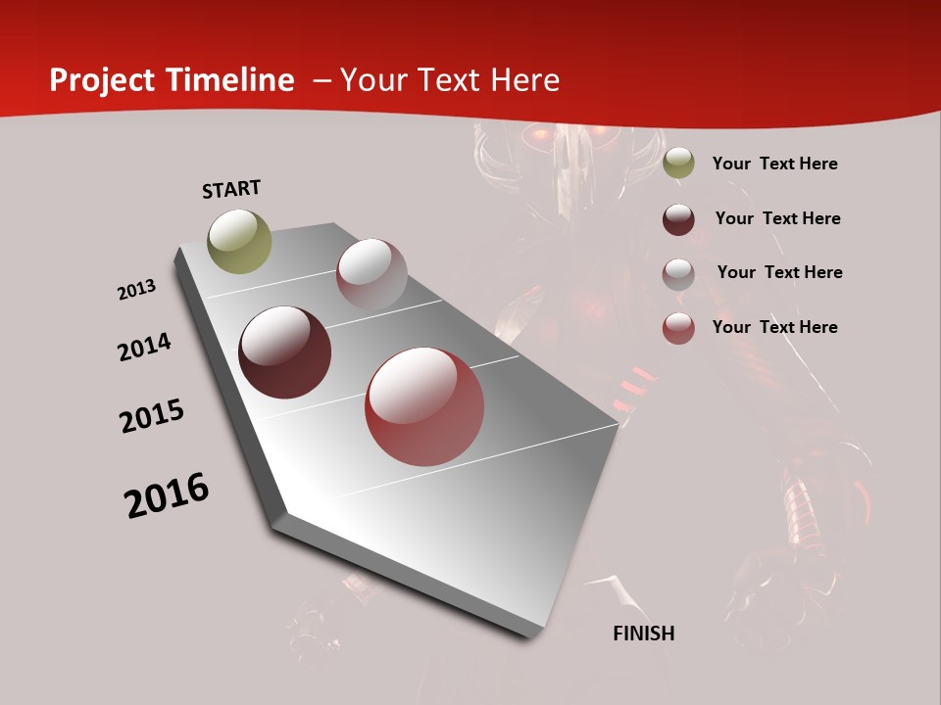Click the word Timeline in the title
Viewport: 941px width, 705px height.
pyautogui.click(x=230, y=80)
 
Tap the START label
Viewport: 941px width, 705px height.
pyautogui.click(x=231, y=189)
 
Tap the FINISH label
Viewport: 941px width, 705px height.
pyautogui.click(x=644, y=634)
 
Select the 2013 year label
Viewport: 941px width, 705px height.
pyautogui.click(x=136, y=290)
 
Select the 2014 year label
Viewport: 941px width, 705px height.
pyautogui.click(x=144, y=348)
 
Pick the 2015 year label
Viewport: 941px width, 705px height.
pyautogui.click(x=152, y=416)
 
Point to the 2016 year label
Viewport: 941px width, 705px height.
pyautogui.click(x=167, y=495)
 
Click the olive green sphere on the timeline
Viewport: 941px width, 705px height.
pyautogui.click(x=240, y=241)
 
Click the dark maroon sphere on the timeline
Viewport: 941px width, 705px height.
pyautogui.click(x=285, y=352)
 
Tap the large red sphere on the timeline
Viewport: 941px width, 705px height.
pyautogui.click(x=424, y=406)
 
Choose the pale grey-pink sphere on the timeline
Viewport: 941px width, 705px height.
pyautogui.click(x=371, y=273)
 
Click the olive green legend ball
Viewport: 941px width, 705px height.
pyautogui.click(x=678, y=164)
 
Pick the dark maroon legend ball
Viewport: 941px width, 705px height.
pyautogui.click(x=678, y=219)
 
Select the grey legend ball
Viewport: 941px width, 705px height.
pyautogui.click(x=678, y=273)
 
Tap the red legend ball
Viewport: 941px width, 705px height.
pyautogui.click(x=678, y=328)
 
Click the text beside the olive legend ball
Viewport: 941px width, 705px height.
pyautogui.click(x=774, y=164)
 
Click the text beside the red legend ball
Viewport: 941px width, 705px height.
pyautogui.click(x=774, y=327)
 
